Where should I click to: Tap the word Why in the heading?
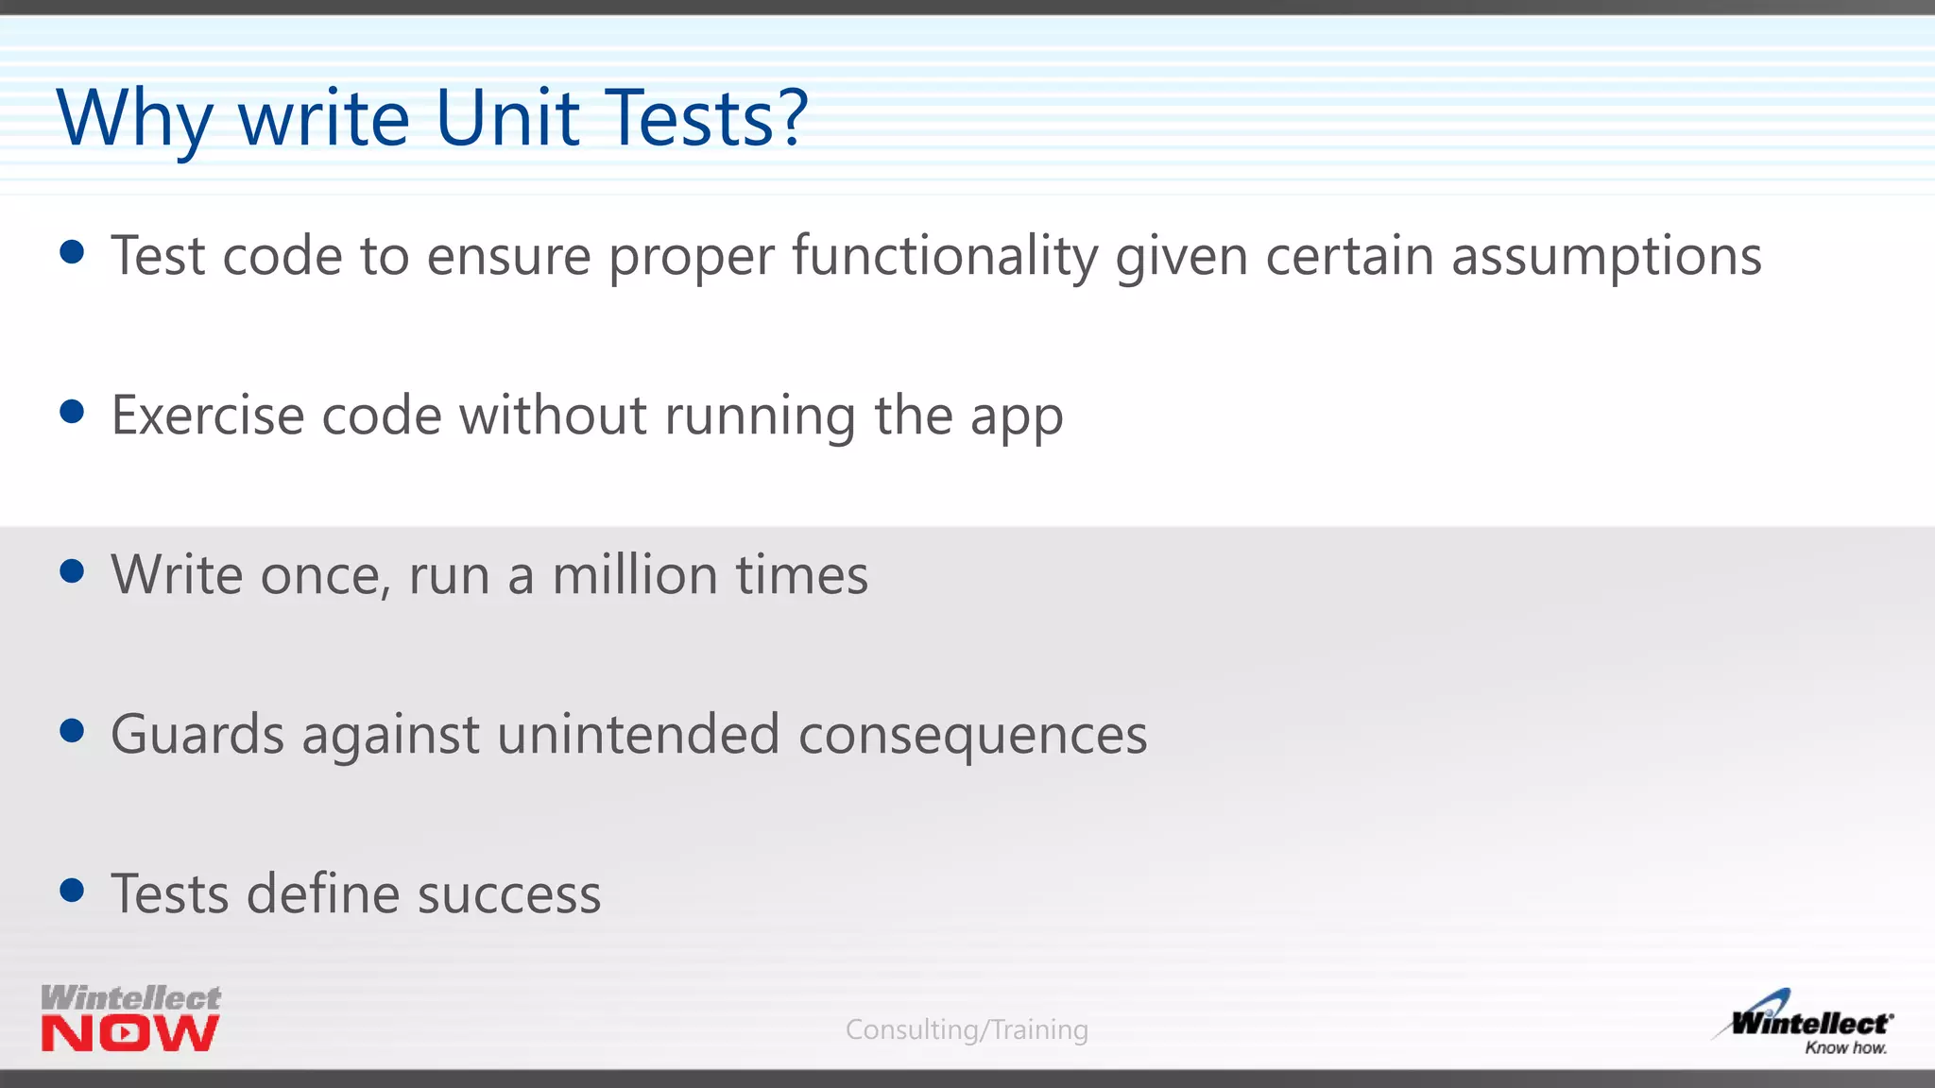tap(133, 120)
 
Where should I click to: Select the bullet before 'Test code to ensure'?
tap(72, 252)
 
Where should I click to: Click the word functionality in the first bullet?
tap(945, 256)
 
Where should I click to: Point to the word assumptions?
tap(1606, 257)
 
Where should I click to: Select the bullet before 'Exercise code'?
tap(72, 412)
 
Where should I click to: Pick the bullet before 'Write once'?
tap(72, 571)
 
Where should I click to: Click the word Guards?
tap(197, 735)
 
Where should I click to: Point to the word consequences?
tap(972, 736)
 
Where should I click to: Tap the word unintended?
tap(638, 735)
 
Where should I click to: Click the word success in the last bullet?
tap(509, 894)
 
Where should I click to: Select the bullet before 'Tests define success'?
tap(72, 891)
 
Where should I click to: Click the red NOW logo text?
tap(130, 1034)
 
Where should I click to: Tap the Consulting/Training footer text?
tap(967, 1029)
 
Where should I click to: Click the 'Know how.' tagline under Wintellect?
tap(1845, 1047)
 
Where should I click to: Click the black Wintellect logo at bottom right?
tap(1809, 1022)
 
